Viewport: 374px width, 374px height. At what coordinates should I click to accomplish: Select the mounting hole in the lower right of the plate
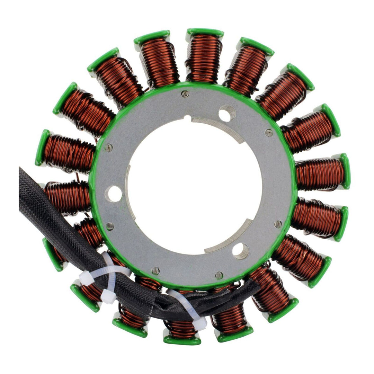click(x=240, y=250)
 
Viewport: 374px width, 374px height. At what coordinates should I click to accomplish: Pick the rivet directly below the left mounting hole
click(x=110, y=226)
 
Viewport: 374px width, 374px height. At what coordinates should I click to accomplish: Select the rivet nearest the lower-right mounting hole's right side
click(x=278, y=224)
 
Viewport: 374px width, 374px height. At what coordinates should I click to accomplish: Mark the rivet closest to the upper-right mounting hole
click(x=269, y=132)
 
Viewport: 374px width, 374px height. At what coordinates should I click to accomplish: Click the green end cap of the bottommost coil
click(x=182, y=341)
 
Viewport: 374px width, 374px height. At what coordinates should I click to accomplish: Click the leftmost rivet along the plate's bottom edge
click(x=155, y=271)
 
